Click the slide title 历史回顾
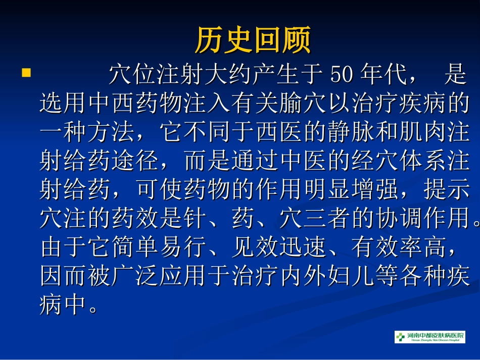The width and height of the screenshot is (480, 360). [253, 40]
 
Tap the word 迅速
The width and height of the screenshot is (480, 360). [300, 247]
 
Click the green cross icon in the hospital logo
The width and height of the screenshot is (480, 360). [401, 337]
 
